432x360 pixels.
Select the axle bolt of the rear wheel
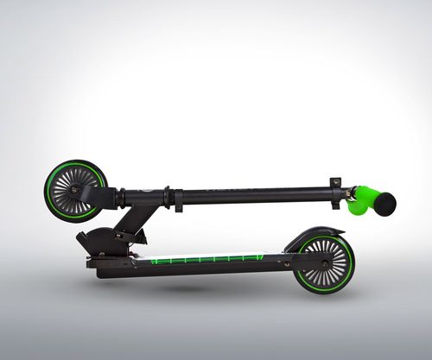324,264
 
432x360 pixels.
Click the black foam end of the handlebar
384,204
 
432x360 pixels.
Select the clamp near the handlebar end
336,192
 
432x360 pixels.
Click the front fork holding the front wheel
95,197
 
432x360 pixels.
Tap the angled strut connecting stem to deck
138,220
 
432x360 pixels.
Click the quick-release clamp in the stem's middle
177,198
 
